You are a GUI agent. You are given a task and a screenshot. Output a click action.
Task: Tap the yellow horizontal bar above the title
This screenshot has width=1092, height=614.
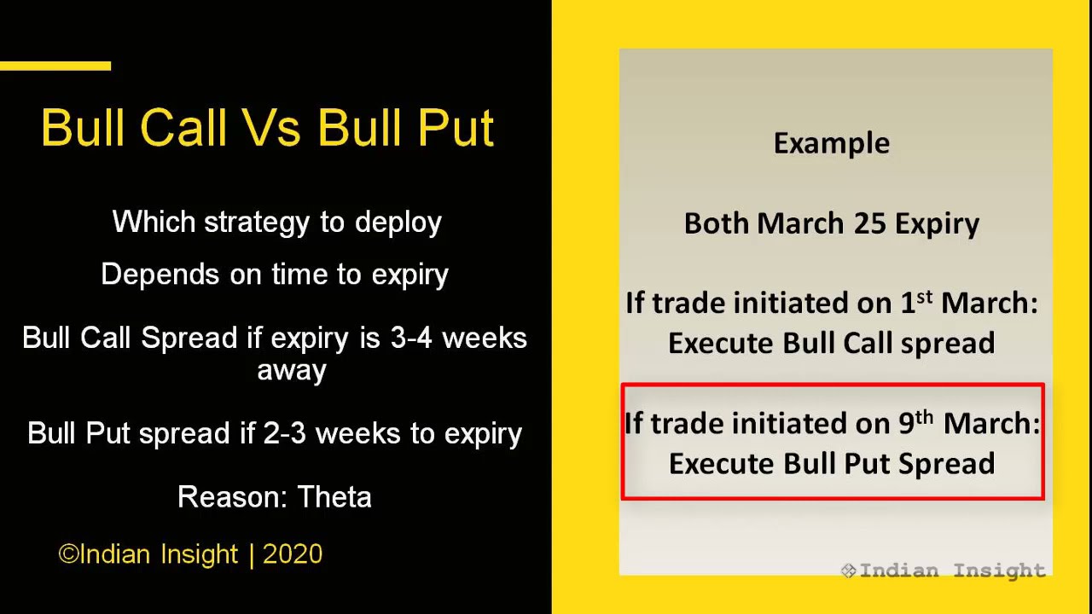55,66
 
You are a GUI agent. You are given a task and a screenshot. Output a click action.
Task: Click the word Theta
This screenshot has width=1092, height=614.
334,497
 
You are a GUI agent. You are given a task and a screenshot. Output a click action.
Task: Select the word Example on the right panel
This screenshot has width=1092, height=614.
832,143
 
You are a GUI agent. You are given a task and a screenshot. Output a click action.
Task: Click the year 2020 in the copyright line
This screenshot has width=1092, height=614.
293,554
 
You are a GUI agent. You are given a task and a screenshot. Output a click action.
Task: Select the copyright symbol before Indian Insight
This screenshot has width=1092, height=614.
67,555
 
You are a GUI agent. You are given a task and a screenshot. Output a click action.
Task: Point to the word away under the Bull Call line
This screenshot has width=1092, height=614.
292,371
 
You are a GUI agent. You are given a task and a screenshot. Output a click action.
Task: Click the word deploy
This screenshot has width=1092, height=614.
398,223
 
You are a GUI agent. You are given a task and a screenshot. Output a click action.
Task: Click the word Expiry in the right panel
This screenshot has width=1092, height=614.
937,223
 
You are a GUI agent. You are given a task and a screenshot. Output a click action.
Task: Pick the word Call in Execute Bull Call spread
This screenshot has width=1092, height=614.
859,344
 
